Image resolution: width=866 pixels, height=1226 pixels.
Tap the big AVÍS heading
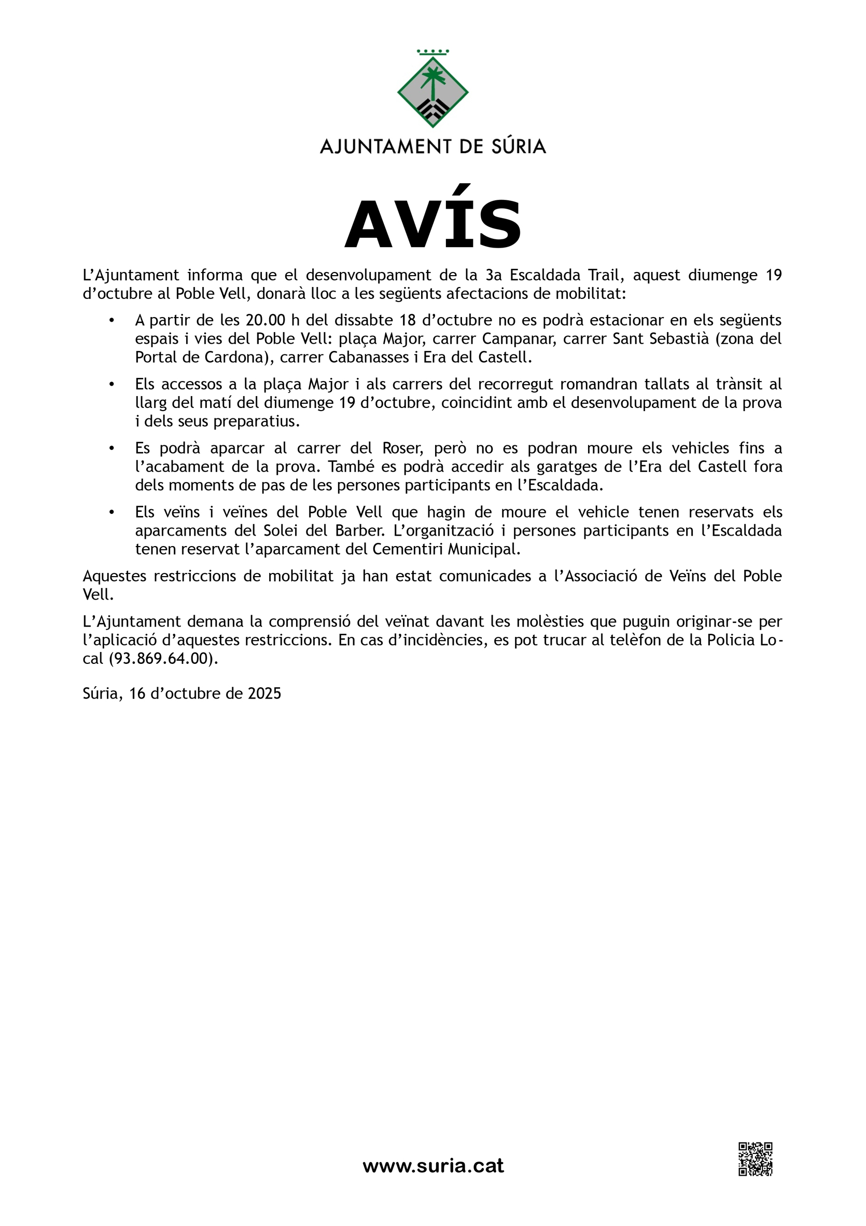point(432,224)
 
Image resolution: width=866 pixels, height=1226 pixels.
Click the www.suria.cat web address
point(432,1165)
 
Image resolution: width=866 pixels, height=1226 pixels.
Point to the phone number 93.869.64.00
point(164,658)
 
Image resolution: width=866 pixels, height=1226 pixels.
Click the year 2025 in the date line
point(264,693)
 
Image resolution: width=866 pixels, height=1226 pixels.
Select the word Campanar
point(512,338)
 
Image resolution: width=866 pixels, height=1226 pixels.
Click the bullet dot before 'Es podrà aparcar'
point(111,448)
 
